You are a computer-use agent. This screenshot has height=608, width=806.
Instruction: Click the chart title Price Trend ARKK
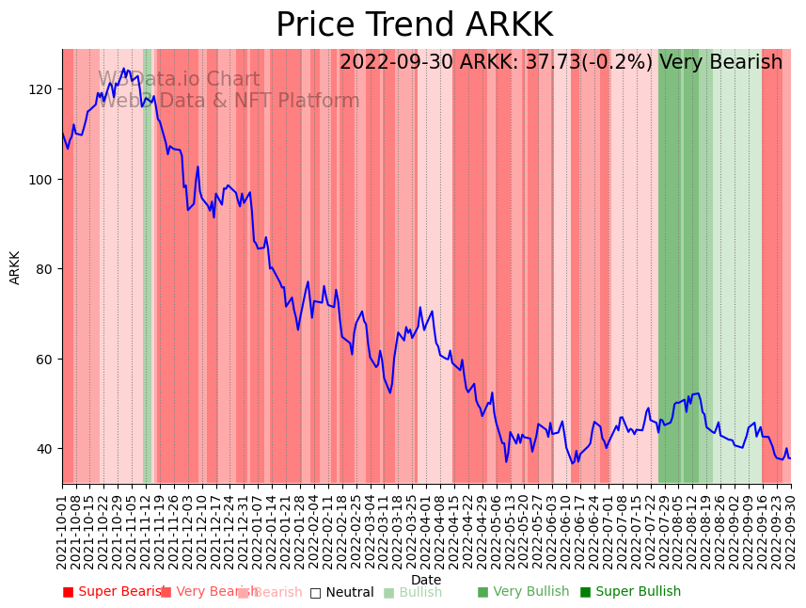click(414, 25)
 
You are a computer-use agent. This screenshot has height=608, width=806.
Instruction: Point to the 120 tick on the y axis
click(44, 89)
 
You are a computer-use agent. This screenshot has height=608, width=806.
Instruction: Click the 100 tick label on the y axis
click(44, 179)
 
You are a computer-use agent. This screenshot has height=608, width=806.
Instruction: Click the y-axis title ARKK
click(15, 267)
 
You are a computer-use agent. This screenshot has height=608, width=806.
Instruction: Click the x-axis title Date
click(426, 580)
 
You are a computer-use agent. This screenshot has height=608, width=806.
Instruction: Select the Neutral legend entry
click(342, 592)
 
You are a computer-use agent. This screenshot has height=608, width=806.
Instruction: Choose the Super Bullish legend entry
click(630, 592)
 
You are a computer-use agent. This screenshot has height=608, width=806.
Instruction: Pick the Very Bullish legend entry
click(524, 592)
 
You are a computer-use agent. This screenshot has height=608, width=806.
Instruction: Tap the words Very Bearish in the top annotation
click(720, 63)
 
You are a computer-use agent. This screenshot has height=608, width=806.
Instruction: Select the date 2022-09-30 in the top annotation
click(396, 63)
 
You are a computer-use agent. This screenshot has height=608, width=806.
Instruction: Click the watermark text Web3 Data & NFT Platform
click(229, 101)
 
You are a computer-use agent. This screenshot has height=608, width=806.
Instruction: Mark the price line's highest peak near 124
click(123, 69)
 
